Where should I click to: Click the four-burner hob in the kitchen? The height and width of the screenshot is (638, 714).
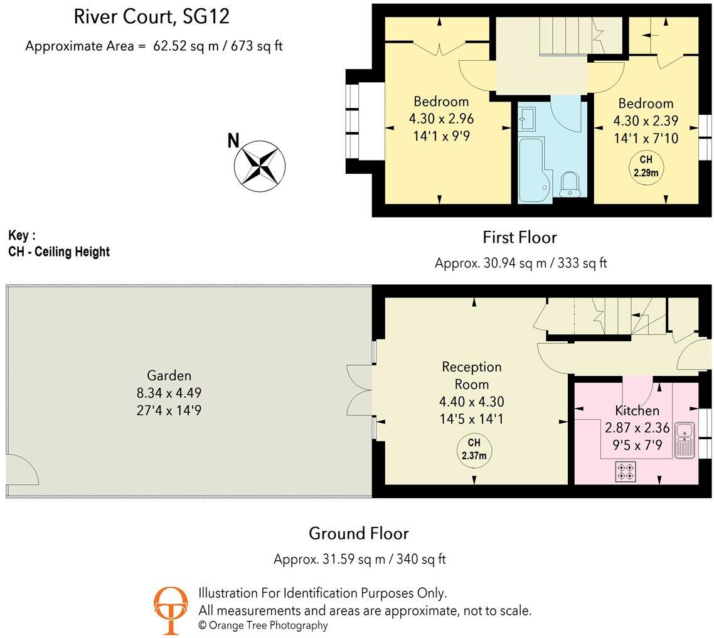(626, 471)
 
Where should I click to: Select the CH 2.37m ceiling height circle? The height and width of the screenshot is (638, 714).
(474, 450)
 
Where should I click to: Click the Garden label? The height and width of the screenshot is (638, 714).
(169, 376)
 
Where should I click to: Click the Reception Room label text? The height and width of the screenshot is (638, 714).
(472, 375)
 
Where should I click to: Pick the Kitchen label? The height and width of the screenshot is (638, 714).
(636, 411)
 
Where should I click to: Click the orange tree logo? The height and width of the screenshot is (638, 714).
(171, 610)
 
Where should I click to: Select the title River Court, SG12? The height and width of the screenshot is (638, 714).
(152, 17)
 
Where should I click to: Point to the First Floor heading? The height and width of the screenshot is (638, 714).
(520, 237)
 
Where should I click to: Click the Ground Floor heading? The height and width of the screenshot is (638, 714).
(359, 534)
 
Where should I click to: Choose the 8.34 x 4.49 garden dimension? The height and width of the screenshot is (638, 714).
(169, 393)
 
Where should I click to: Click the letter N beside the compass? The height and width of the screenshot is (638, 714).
(233, 141)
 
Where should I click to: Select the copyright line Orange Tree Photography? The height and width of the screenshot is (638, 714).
(263, 625)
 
